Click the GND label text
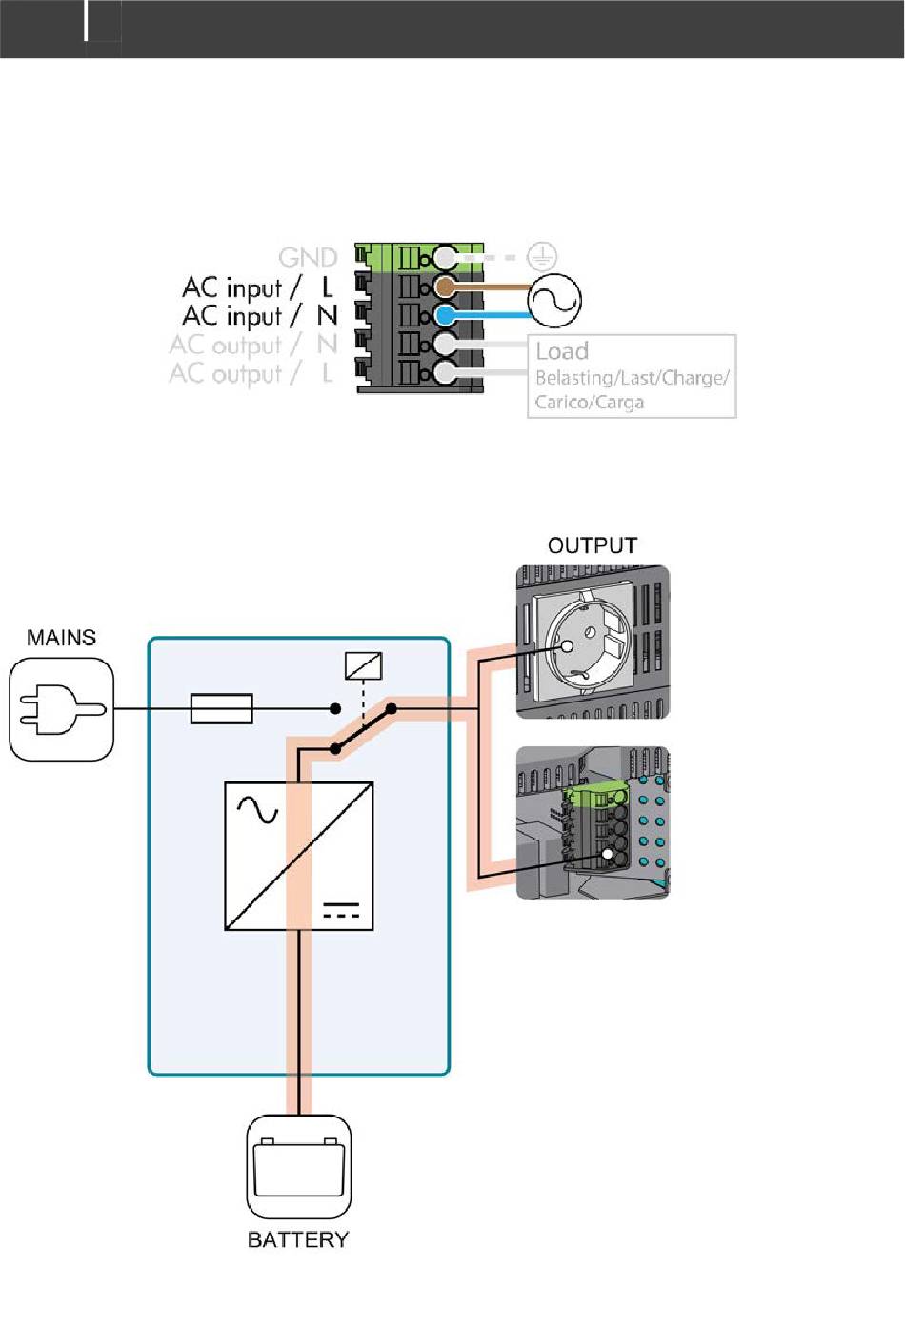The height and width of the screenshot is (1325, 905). click(308, 258)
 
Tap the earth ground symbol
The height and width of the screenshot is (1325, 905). click(542, 257)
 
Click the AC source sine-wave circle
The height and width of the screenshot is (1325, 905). click(554, 300)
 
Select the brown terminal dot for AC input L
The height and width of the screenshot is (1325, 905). click(445, 287)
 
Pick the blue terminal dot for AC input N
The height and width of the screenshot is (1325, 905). click(445, 315)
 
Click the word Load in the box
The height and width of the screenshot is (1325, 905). click(562, 351)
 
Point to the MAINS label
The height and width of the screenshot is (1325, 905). click(62, 637)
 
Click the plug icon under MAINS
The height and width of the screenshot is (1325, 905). click(62, 709)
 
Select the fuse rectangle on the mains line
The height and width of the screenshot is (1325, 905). click(222, 708)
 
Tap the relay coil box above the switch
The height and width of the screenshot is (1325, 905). click(363, 665)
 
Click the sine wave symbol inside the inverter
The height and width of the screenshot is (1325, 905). click(257, 810)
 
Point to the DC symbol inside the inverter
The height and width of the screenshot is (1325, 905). click(341, 910)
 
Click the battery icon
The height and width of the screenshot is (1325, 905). click(298, 1166)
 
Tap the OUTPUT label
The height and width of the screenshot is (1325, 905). click(592, 544)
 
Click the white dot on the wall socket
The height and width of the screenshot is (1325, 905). click(567, 646)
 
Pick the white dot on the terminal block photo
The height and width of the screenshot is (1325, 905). click(607, 854)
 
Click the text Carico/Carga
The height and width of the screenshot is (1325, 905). click(589, 403)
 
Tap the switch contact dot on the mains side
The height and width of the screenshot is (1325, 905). click(335, 708)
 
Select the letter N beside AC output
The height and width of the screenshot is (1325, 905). click(327, 345)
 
